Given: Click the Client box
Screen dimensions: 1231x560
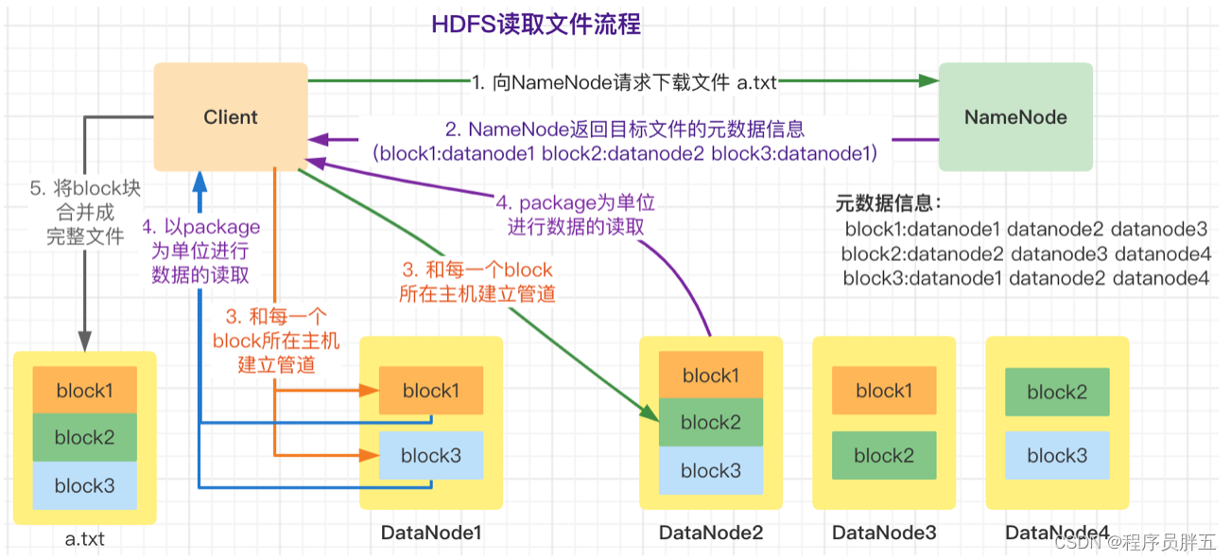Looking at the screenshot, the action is click(231, 116).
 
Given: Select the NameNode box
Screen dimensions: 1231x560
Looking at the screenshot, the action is click(1015, 116).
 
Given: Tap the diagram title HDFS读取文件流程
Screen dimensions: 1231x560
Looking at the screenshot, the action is click(536, 25).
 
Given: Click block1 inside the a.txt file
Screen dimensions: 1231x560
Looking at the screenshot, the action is click(85, 390).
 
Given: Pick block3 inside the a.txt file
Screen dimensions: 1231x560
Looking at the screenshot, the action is click(85, 485).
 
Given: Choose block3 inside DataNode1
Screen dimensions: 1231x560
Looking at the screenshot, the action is click(431, 456).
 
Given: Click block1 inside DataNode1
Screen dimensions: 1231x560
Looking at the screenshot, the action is click(431, 391).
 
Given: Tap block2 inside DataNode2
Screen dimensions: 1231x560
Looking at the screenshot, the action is click(711, 422).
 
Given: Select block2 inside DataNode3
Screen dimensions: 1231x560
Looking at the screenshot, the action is click(884, 456).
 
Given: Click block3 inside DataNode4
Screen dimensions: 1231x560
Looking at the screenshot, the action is click(1057, 456).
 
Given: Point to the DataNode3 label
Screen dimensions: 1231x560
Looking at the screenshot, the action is click(884, 533).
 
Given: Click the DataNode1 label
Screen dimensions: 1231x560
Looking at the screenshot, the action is click(431, 533).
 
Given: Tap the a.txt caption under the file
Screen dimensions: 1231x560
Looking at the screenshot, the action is click(85, 538).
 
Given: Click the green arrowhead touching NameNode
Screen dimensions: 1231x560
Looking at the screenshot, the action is click(928, 80).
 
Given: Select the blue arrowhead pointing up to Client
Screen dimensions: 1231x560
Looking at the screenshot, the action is click(199, 182).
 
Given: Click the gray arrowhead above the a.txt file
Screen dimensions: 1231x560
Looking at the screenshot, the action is click(85, 341).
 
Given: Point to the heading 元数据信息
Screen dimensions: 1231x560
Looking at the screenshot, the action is click(888, 203).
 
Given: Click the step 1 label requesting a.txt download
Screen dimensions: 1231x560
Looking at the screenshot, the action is click(624, 82).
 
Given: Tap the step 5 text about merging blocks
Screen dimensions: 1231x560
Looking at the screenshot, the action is click(85, 212).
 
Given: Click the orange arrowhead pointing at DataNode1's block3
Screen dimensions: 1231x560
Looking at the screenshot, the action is click(369, 456).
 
